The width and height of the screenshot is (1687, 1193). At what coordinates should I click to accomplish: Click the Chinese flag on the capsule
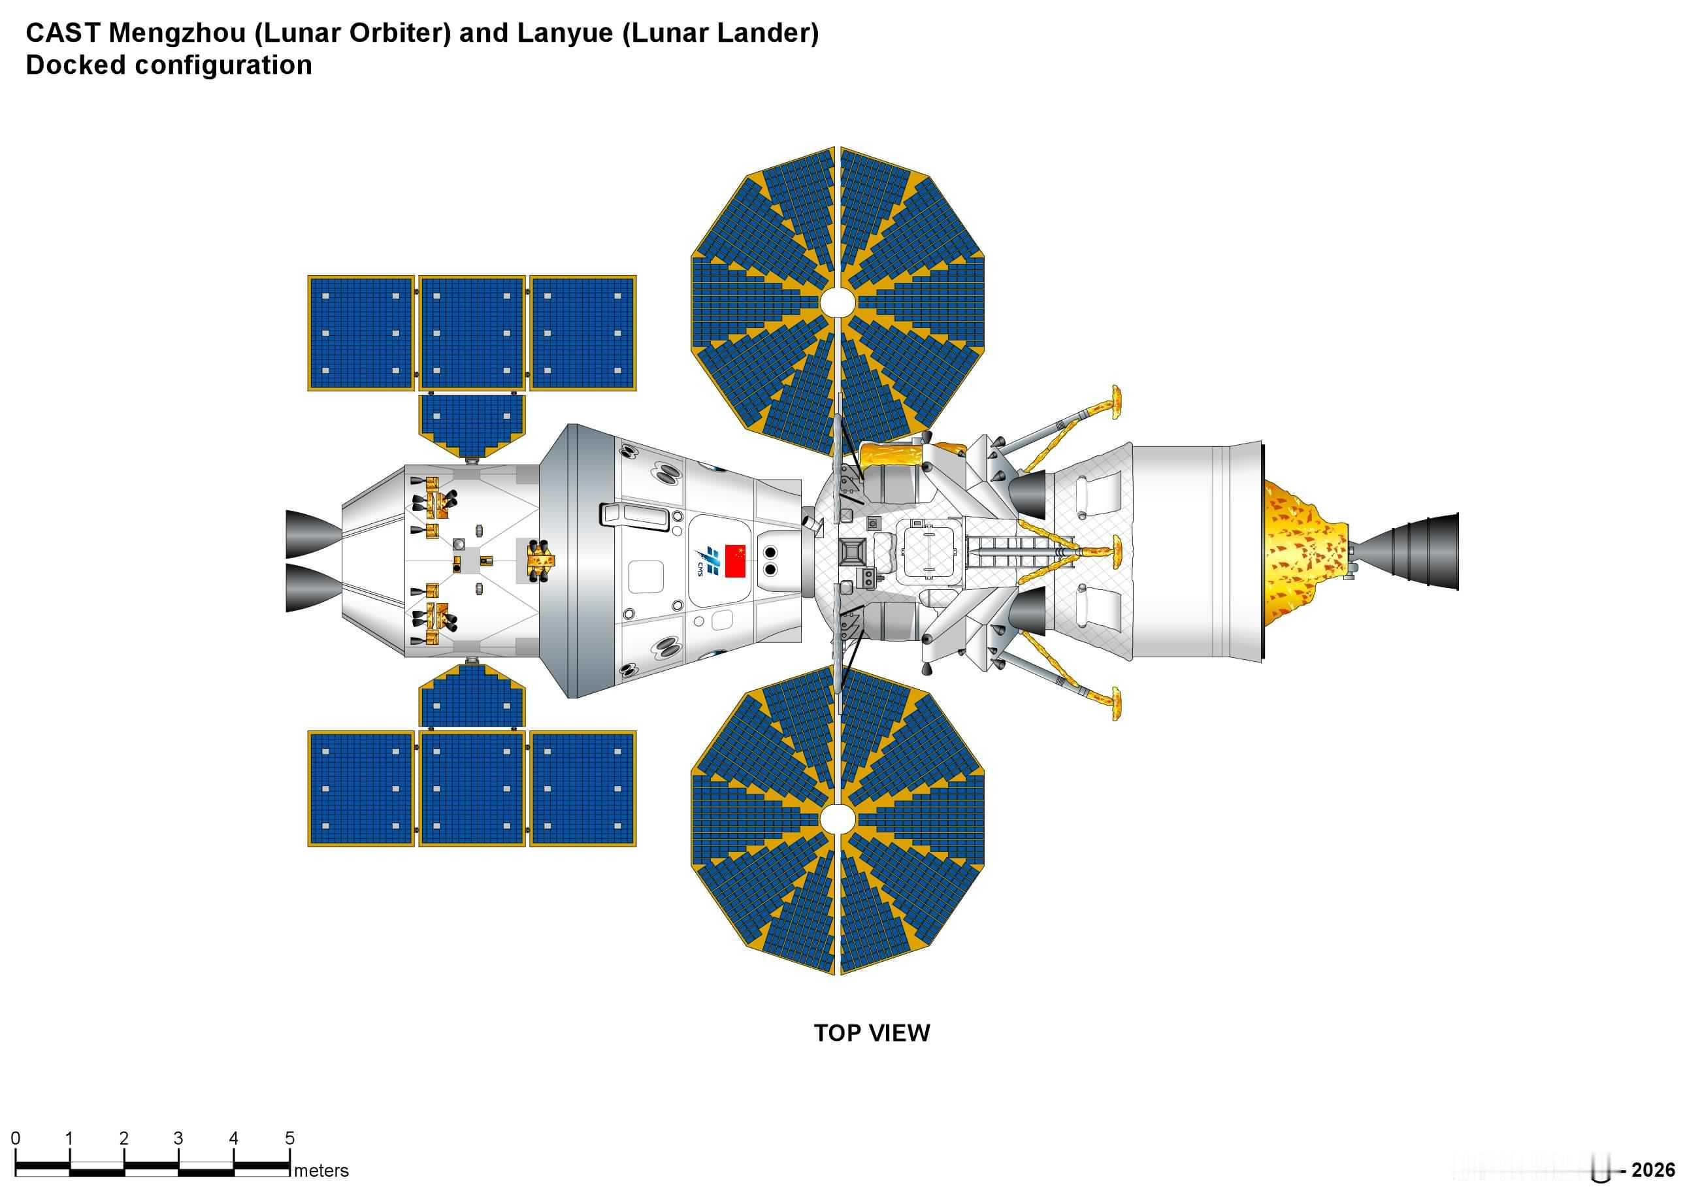point(735,561)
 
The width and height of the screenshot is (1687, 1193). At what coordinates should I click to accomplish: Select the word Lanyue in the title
point(566,33)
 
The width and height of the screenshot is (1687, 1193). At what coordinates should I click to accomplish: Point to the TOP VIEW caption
point(872,1033)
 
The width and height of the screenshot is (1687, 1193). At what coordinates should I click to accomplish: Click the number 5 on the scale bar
point(289,1138)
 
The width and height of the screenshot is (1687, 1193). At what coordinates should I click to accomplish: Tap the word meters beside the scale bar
point(321,1170)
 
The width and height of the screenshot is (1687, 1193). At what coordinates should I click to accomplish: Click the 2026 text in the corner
point(1653,1170)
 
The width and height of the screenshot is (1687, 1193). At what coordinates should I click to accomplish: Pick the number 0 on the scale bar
point(16,1138)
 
